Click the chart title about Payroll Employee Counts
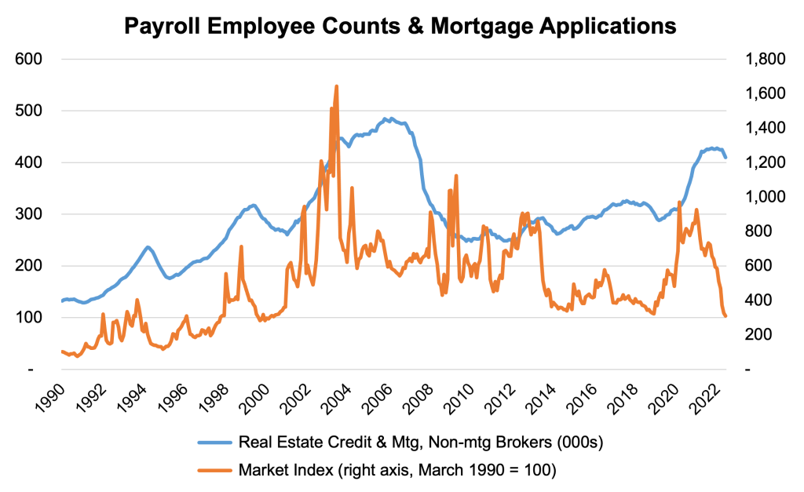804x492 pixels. pos(401,26)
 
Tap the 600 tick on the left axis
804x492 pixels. pos(28,60)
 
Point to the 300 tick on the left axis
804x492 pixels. pos(28,214)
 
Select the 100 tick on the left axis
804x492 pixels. pos(28,318)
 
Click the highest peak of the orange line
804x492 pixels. pos(337,86)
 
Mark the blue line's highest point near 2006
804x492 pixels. pos(386,118)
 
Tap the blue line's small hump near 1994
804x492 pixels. pos(147,247)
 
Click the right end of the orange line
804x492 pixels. pos(725,316)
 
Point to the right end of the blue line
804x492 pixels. pos(726,158)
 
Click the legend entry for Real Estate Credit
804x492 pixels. pos(420,443)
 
